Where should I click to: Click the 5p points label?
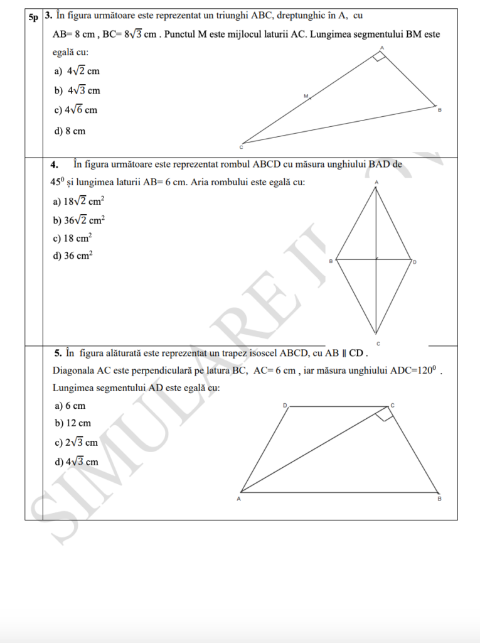(33, 17)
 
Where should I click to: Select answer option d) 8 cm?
(70, 131)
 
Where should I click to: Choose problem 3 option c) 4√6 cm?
(76, 111)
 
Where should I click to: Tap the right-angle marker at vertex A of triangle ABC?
(378, 58)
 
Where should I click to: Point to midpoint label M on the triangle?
(306, 96)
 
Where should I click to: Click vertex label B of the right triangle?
(440, 110)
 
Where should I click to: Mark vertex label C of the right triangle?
(241, 148)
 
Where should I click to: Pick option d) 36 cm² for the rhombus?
(73, 256)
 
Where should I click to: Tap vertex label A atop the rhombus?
(376, 182)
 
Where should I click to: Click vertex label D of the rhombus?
(415, 261)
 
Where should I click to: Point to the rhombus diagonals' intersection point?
(376, 259)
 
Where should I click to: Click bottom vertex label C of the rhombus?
(378, 343)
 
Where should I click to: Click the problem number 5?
(57, 352)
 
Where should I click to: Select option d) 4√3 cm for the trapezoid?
(77, 462)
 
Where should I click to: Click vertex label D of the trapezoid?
(284, 406)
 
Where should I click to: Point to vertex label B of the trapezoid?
(439, 499)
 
